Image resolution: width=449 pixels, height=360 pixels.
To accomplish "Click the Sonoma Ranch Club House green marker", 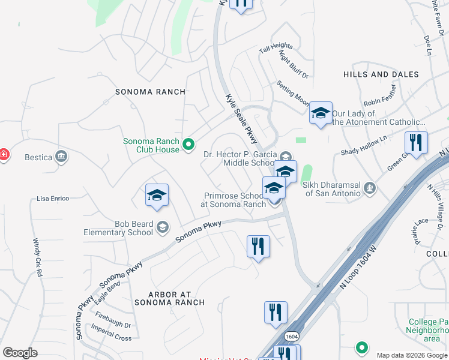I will [188, 144].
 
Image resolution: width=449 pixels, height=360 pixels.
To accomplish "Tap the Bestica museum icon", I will [61, 157].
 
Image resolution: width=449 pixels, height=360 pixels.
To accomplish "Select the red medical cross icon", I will [4, 155].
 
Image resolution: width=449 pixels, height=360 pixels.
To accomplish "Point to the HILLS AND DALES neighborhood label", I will [381, 74].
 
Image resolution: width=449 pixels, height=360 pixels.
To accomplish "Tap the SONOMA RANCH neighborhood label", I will [150, 92].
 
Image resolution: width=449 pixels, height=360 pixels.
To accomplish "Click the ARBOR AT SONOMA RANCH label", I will [170, 298].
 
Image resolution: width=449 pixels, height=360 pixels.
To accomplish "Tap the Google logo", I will [20, 353].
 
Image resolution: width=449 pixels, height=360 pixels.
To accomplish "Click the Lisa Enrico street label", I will [53, 198].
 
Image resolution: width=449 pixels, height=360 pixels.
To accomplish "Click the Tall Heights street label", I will [276, 47].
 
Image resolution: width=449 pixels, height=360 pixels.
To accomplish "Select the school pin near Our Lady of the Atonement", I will [321, 112].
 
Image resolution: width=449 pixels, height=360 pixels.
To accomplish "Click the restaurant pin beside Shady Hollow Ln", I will [416, 143].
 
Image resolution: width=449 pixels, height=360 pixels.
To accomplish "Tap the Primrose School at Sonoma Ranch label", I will [234, 200].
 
